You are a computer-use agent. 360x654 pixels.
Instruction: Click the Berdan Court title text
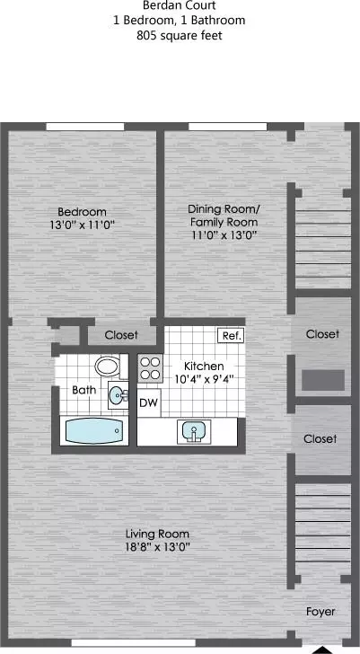(179, 5)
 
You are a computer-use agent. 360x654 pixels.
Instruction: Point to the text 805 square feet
(179, 37)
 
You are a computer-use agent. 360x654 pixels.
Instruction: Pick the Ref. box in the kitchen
(232, 336)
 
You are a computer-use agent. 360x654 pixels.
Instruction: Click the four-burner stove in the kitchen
(149, 368)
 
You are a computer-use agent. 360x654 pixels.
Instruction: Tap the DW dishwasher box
(149, 402)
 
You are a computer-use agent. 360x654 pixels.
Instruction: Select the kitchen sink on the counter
(192, 432)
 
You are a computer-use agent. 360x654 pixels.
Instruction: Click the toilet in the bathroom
(108, 366)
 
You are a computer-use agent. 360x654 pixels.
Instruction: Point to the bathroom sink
(118, 394)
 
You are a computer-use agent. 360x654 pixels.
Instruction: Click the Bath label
(84, 391)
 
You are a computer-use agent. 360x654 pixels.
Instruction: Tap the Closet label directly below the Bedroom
(121, 335)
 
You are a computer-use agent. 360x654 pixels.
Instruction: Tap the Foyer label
(320, 612)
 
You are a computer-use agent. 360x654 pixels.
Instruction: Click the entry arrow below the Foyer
(320, 649)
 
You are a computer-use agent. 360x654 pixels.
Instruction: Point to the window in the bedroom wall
(85, 126)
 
